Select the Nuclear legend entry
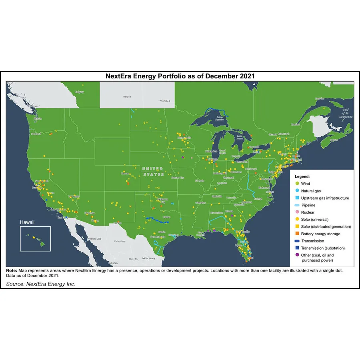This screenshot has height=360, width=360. click(x=308, y=212)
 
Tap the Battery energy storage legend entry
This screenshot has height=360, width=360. click(x=320, y=234)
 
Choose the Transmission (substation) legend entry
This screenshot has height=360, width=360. click(x=323, y=248)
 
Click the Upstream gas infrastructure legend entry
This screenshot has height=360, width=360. click(x=325, y=198)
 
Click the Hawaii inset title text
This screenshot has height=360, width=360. click(x=28, y=222)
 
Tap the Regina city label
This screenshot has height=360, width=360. click(x=127, y=96)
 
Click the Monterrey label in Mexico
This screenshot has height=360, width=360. click(x=148, y=258)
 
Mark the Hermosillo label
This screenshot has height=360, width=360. click(x=95, y=239)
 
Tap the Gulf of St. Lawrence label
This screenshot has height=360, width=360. click(x=346, y=114)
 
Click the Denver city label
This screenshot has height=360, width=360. click(x=125, y=174)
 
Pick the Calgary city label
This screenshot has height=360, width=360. click(x=80, y=92)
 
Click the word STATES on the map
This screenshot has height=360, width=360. click(x=154, y=175)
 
